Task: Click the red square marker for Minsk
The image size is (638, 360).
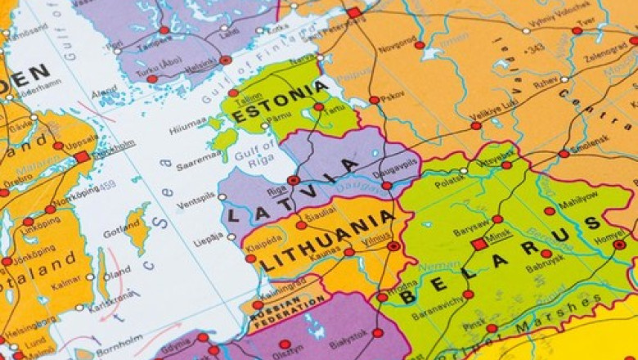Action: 479,244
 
